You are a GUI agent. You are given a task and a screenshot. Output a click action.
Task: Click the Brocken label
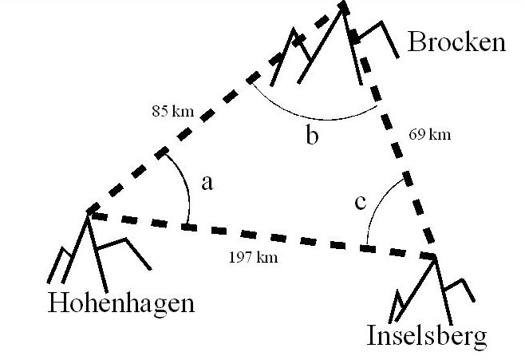pos(456,42)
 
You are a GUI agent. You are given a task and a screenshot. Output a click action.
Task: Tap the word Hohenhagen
pos(121,303)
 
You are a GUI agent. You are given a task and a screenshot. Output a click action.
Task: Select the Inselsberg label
pos(426,336)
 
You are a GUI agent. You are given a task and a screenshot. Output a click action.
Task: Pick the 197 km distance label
pos(255,258)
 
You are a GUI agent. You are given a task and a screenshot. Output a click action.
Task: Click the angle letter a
pos(207,183)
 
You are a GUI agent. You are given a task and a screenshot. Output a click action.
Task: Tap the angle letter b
pos(312,136)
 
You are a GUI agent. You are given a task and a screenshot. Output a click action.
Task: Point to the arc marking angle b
pos(311,117)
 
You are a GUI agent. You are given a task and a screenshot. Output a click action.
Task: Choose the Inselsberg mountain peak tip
pos(436,255)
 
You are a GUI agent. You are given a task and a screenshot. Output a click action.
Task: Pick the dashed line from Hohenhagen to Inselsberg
pos(263,236)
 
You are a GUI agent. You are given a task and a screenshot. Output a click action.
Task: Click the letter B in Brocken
pos(417,42)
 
